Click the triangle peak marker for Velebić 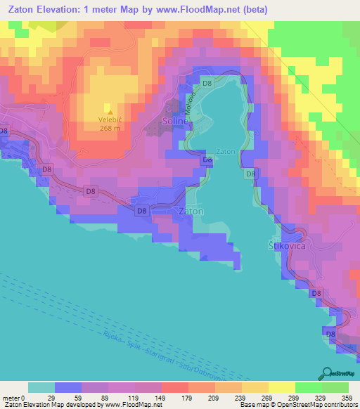(108, 109)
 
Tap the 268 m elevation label (110, 127)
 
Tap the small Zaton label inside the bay (225, 151)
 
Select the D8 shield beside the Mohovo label (207, 84)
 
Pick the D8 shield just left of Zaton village (141, 209)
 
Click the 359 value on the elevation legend (347, 379)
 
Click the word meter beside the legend (10, 379)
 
